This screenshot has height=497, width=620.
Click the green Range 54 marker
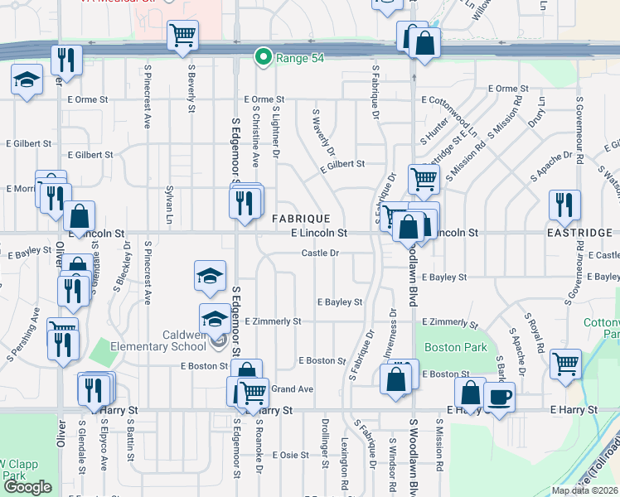click(x=264, y=57)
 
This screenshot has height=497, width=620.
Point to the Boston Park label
click(x=455, y=348)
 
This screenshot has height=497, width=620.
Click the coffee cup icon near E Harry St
click(x=499, y=397)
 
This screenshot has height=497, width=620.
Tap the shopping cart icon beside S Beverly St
click(x=182, y=36)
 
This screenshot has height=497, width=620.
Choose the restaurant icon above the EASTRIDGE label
click(x=564, y=205)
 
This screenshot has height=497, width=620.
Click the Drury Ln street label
click(x=542, y=110)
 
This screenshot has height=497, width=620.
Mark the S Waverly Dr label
click(x=322, y=133)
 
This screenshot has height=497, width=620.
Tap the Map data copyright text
click(x=584, y=490)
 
